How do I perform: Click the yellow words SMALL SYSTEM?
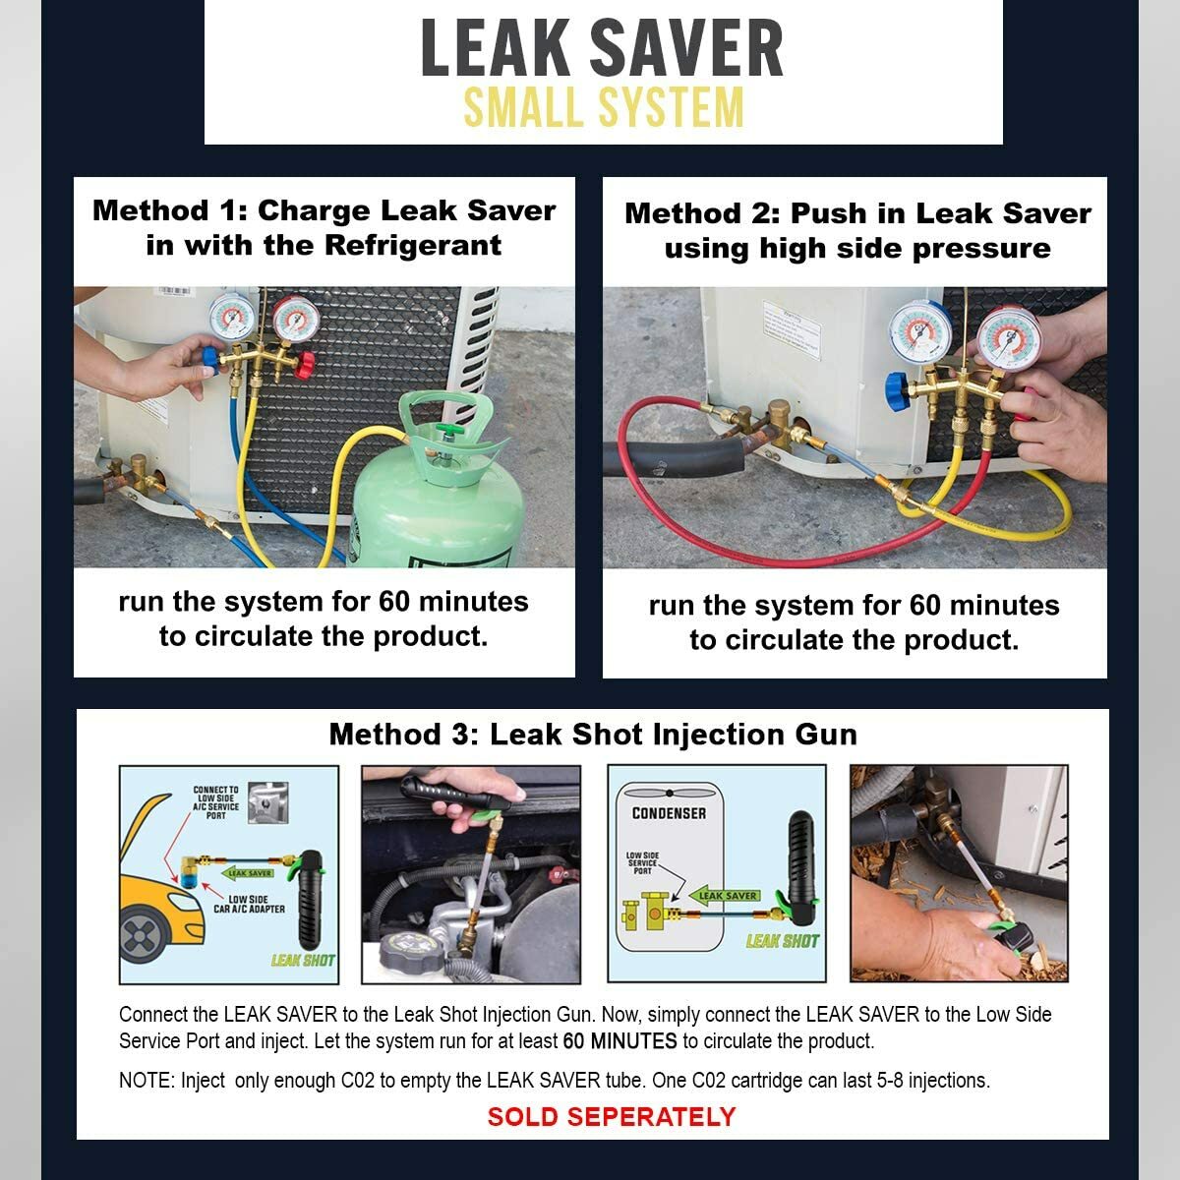coord(603,108)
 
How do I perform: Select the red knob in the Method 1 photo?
coord(305,366)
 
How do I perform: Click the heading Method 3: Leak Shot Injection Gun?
coord(593,735)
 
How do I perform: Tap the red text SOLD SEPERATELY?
coord(611,1117)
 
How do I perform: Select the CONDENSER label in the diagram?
coord(669,813)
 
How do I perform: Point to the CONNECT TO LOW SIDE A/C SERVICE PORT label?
coord(215,802)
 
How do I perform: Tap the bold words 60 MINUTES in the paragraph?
coord(619,1041)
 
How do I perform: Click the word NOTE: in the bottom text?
coord(147,1081)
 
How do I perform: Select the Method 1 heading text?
coord(324,228)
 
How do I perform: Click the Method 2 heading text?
coord(856,231)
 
